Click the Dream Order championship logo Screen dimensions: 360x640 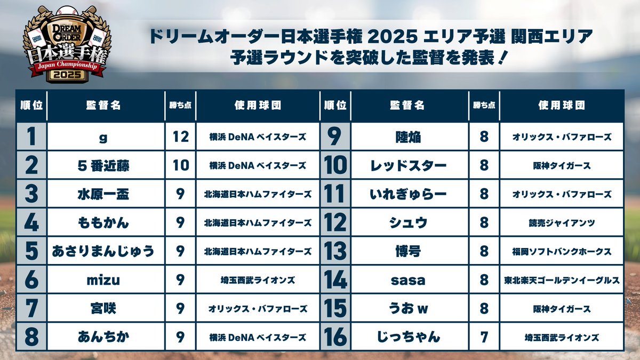66,45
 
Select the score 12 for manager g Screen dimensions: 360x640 181,137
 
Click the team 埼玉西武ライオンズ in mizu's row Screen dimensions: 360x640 258,279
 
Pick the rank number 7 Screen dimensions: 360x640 31,308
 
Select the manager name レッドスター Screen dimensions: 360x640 408,165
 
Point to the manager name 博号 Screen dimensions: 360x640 408,251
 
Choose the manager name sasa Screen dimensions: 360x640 408,279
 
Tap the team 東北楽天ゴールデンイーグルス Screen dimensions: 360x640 562,279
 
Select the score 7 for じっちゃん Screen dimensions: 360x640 484,337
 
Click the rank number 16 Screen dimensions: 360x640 335,337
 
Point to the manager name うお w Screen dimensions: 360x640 408,308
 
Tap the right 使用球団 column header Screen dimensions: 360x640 562,105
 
